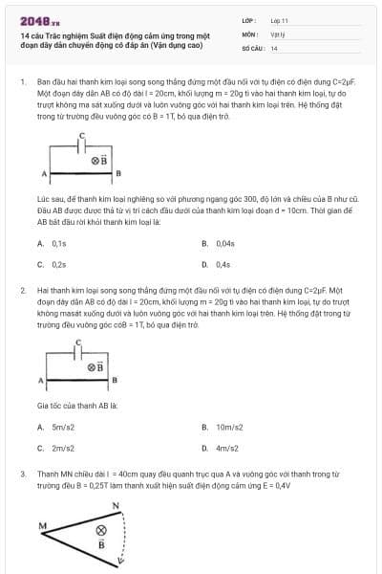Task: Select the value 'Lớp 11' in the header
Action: [280, 19]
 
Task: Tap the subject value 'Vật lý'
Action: [278, 33]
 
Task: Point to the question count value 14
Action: [274, 48]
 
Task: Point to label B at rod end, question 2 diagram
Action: [116, 381]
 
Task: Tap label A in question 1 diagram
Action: [45, 173]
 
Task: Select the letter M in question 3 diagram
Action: [43, 525]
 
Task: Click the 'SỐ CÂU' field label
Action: [252, 48]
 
